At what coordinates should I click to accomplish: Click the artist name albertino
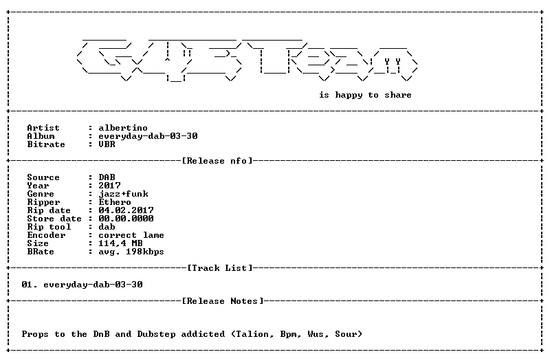pyautogui.click(x=123, y=128)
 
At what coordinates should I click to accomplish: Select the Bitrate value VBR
pyautogui.click(x=107, y=144)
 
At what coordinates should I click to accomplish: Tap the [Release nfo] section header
pyautogui.click(x=217, y=161)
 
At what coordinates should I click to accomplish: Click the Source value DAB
pyautogui.click(x=107, y=177)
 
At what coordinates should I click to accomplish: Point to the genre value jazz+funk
pyautogui.click(x=123, y=194)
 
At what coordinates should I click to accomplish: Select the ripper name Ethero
pyautogui.click(x=115, y=202)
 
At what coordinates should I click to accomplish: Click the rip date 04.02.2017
pyautogui.click(x=126, y=210)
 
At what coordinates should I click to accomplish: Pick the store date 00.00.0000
pyautogui.click(x=126, y=219)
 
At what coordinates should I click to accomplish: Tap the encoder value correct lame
pyautogui.click(x=131, y=235)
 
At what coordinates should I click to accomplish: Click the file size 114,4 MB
pyautogui.click(x=120, y=243)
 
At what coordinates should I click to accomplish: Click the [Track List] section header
pyautogui.click(x=220, y=268)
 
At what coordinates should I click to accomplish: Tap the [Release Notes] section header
pyautogui.click(x=223, y=301)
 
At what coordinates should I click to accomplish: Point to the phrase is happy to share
pyautogui.click(x=365, y=96)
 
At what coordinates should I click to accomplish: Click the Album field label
pyautogui.click(x=41, y=136)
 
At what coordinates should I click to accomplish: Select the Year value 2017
pyautogui.click(x=109, y=186)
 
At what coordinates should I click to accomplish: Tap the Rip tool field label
pyautogui.click(x=49, y=227)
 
